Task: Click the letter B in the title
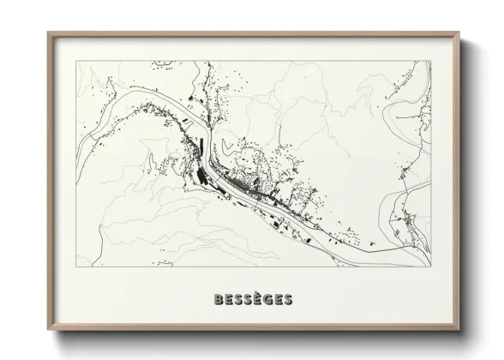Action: (217, 300)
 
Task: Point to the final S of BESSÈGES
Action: (287, 300)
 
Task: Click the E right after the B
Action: (226, 300)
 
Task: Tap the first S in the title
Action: (236, 300)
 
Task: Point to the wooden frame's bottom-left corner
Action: (48, 331)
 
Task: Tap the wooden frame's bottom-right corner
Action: (459, 331)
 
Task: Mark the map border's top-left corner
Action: (76, 61)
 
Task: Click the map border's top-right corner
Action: (430, 61)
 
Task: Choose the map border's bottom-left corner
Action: (76, 267)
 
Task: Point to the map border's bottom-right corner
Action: (430, 267)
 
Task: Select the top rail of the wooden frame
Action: (254, 35)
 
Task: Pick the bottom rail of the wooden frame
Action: (254, 329)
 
